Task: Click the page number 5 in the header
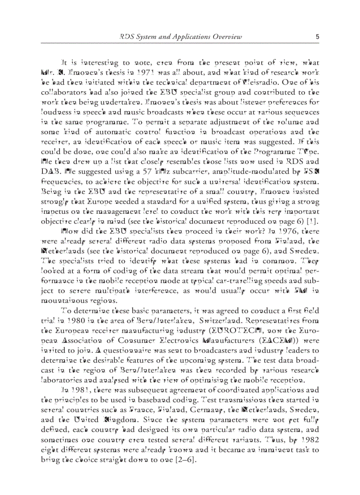(317, 37)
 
